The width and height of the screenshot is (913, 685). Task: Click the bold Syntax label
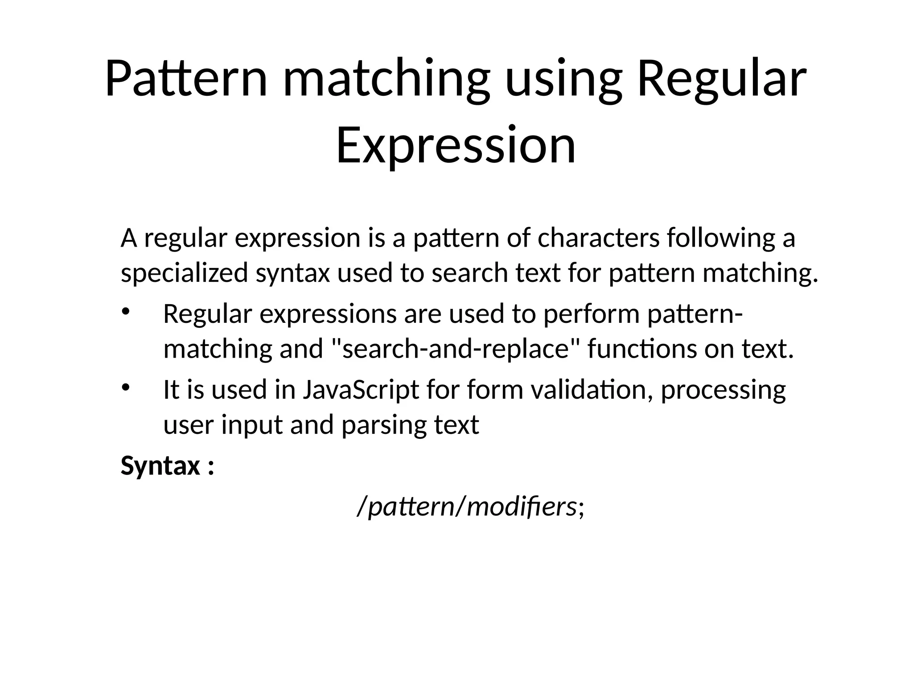click(x=160, y=466)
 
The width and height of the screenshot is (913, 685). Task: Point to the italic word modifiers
click(x=521, y=507)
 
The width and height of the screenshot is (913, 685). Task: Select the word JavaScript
click(x=361, y=390)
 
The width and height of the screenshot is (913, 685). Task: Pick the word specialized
click(x=184, y=273)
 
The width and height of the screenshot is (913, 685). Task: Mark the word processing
click(x=723, y=390)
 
